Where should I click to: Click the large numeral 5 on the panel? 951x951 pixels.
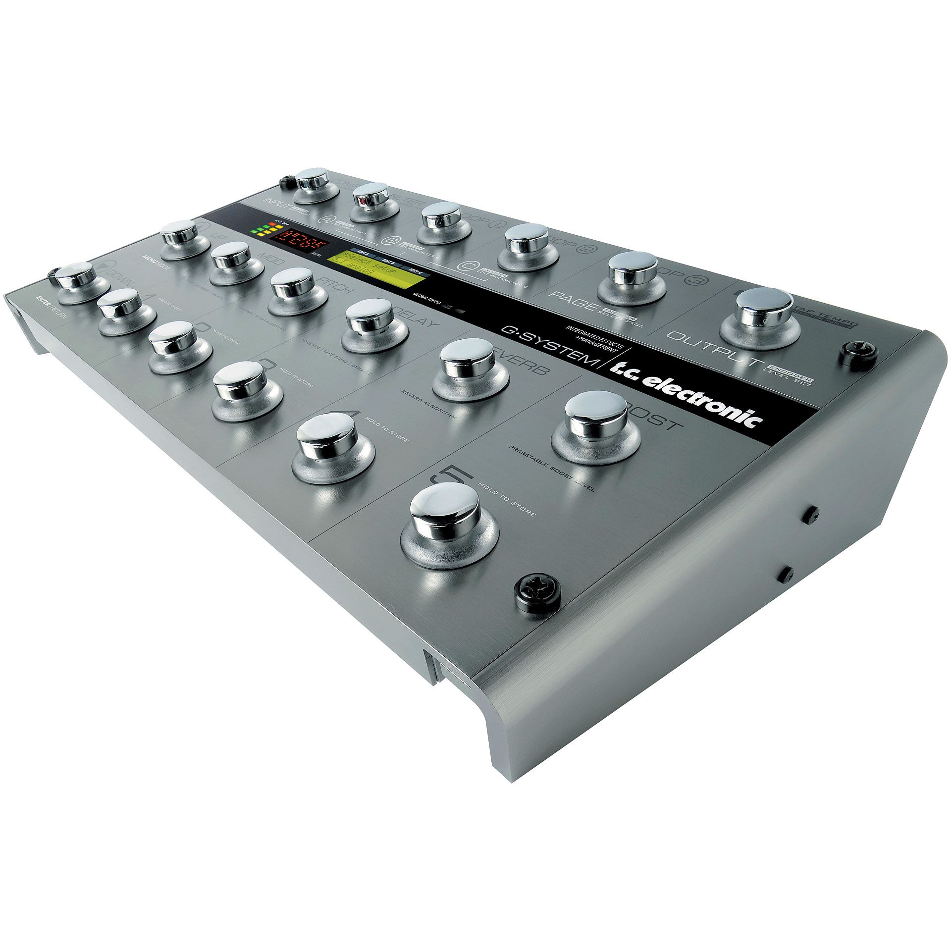452,476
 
